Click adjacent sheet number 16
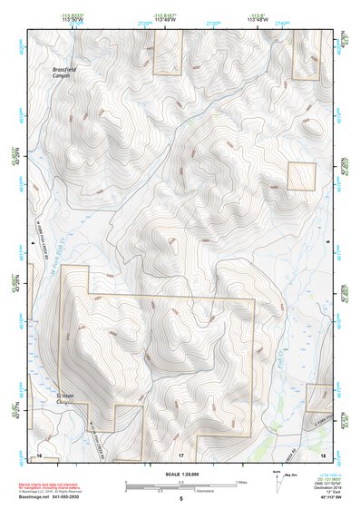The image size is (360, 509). pyautogui.click(x=39, y=454)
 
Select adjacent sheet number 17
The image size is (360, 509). pyautogui.click(x=180, y=454)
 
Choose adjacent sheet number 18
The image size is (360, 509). pyautogui.click(x=323, y=454)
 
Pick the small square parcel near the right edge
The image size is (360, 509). pyautogui.click(x=300, y=176)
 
